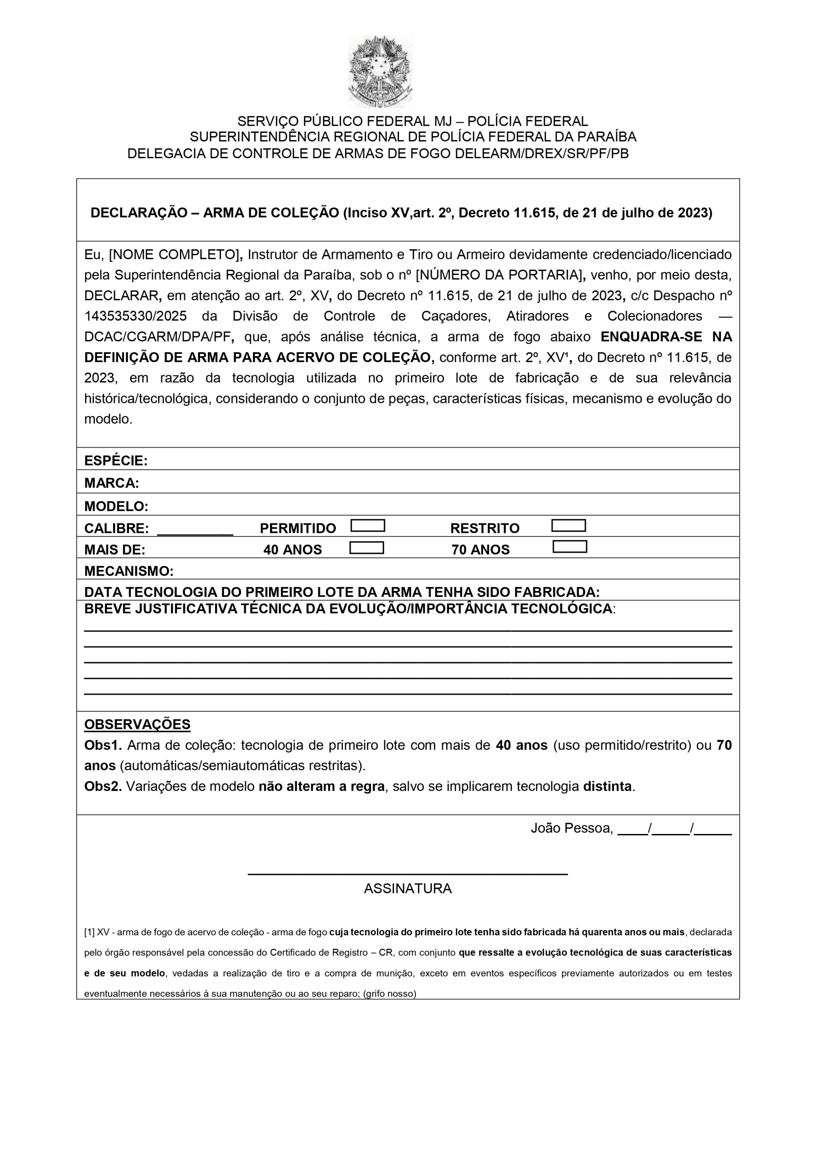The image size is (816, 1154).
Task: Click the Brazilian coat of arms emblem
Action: point(380,71)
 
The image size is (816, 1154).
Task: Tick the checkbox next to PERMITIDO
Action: point(367,526)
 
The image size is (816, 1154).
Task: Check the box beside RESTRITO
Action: point(568,526)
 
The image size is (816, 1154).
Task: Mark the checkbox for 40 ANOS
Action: point(367,548)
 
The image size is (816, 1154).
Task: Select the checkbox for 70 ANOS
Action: point(570,547)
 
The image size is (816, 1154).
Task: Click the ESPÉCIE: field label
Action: point(116,461)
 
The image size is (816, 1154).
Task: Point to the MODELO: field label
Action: point(116,506)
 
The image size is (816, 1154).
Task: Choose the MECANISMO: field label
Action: point(128,571)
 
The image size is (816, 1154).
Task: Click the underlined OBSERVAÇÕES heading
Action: point(137,724)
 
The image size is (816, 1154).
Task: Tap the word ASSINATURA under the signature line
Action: point(408,888)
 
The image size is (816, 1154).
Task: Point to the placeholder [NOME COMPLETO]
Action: point(174,255)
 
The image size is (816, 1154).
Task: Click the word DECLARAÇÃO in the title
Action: point(139,213)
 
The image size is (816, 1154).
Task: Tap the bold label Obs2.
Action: point(103,787)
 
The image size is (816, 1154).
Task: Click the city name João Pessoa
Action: point(571,828)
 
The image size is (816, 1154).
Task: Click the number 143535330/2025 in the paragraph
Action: point(135,316)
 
